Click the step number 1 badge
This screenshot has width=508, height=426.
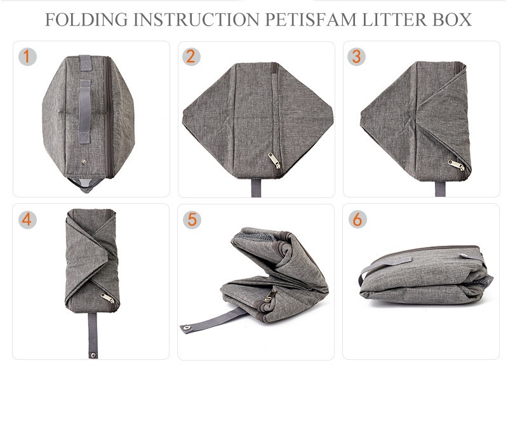pos(27,57)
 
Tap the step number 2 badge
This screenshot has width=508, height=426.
pos(191,57)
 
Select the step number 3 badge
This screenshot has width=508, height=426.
pos(356,57)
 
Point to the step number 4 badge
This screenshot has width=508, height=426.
pos(27,220)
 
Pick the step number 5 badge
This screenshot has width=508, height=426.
pos(192,220)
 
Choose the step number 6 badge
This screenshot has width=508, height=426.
pos(358,220)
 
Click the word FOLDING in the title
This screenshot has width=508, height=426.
pos(86,20)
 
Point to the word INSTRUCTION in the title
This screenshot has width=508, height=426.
pos(196,20)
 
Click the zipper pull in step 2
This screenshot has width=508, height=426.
pos(274,161)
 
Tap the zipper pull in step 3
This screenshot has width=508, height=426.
pos(456,165)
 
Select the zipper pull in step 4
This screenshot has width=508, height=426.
pos(107,298)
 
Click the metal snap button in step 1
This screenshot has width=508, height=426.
pos(84,161)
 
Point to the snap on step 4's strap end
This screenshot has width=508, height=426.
pos(93,355)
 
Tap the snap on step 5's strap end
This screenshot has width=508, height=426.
pos(187,328)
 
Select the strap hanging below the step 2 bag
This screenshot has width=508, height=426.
pos(256,188)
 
